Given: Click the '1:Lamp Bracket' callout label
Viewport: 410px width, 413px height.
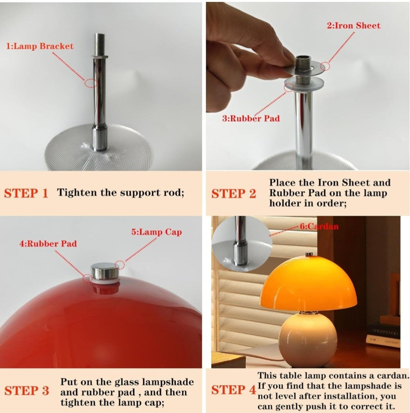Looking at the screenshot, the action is pyautogui.click(x=40, y=46).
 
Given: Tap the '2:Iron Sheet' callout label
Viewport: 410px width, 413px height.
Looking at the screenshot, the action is pyautogui.click(x=353, y=25).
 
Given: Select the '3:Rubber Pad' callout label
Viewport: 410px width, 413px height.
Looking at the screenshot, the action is pyautogui.click(x=251, y=118).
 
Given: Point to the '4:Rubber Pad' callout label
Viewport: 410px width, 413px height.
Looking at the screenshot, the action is pyautogui.click(x=48, y=243).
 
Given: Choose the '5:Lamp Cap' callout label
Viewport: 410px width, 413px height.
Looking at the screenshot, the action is pyautogui.click(x=156, y=232).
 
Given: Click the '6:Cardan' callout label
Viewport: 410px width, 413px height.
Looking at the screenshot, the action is pyautogui.click(x=319, y=226).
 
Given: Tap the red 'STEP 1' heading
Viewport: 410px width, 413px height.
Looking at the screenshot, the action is pyautogui.click(x=26, y=193).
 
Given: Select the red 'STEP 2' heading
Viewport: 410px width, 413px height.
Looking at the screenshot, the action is pyautogui.click(x=233, y=194).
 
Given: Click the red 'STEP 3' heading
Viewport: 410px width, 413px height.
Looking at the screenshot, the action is pyautogui.click(x=27, y=390).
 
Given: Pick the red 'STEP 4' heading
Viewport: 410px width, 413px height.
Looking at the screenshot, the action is pyautogui.click(x=233, y=390).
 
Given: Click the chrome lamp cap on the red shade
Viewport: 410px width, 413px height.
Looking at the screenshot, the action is pyautogui.click(x=105, y=271).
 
